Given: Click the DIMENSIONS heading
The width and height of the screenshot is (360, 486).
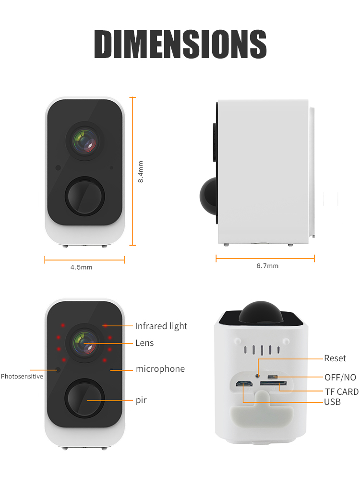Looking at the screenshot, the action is tap(180, 44).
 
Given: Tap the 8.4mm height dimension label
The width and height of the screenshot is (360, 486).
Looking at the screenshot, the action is tap(141, 171).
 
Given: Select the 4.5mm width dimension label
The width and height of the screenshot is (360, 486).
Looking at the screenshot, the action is tap(81, 267).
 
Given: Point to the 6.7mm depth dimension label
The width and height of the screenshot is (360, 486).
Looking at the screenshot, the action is tap(267, 266).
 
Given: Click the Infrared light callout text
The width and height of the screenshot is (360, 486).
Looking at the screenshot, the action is tap(161, 326).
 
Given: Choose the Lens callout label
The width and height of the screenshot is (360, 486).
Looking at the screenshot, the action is tap(144, 343).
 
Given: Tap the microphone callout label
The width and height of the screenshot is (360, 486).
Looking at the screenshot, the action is tap(160, 369).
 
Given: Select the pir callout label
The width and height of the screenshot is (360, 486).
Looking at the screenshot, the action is tap(141, 400).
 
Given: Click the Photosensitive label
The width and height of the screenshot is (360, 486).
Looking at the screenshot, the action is tap(22, 376).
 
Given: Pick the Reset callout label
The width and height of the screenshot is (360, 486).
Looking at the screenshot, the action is tap(335, 358).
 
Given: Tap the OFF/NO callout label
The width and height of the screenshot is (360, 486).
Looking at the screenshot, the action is tap(340, 378).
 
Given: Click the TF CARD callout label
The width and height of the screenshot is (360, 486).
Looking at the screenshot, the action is tap(341, 392).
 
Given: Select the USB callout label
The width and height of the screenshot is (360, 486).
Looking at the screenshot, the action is tap(332, 402).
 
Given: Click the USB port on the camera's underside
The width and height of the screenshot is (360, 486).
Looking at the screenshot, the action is tap(244, 384).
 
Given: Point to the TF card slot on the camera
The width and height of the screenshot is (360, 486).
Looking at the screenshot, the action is tap(273, 384).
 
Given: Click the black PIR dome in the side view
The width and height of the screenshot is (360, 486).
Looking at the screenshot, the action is tap(208, 196).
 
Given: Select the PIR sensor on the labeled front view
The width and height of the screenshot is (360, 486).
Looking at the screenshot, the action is tap(84, 399).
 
